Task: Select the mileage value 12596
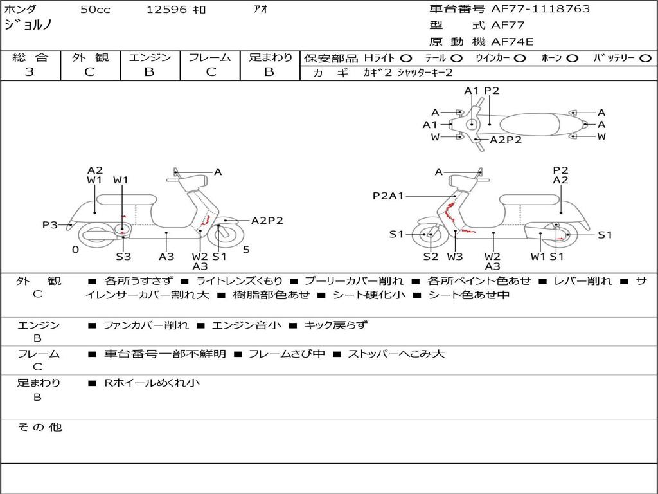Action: tap(166, 10)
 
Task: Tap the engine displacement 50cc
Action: tap(95, 10)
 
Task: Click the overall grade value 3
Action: tap(30, 72)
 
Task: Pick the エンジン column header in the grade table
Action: tap(150, 58)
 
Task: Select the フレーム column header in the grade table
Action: tap(210, 58)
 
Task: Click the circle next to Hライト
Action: tap(406, 59)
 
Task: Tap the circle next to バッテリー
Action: tap(645, 59)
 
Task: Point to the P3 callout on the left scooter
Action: tap(50, 225)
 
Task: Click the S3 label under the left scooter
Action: tap(123, 257)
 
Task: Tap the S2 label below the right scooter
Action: tap(431, 257)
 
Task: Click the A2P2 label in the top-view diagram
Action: tap(506, 140)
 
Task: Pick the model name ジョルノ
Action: tap(28, 26)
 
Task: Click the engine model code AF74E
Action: tap(512, 42)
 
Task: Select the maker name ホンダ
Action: tap(21, 10)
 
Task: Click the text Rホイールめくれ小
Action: tap(152, 383)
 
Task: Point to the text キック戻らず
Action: tap(335, 325)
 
